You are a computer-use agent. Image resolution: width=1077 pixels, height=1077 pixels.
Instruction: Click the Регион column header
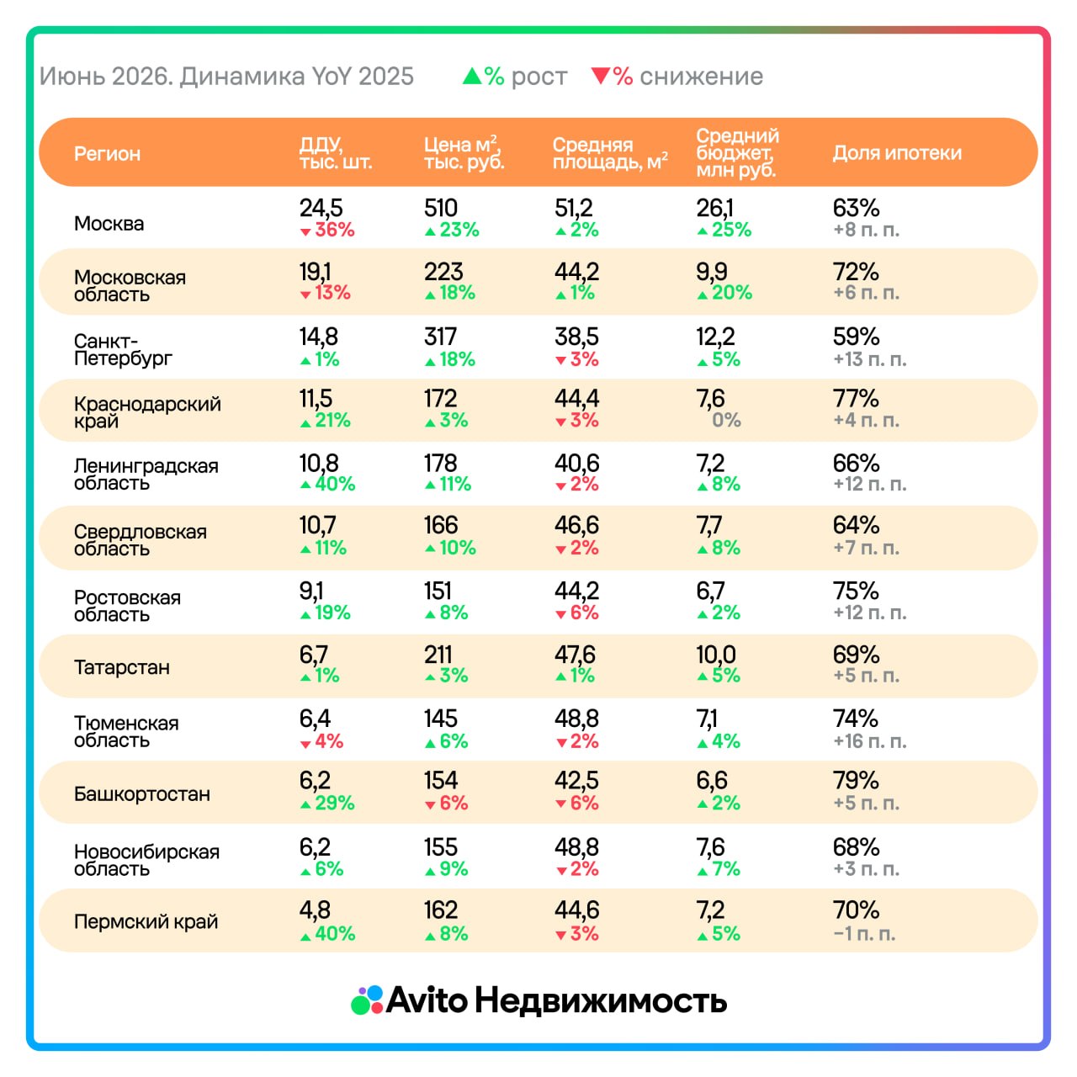(x=107, y=153)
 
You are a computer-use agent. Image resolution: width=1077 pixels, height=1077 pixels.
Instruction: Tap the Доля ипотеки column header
(x=897, y=152)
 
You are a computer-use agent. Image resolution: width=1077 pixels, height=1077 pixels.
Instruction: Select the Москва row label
(x=109, y=224)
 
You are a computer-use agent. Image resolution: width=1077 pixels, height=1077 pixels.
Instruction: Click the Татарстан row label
(x=122, y=666)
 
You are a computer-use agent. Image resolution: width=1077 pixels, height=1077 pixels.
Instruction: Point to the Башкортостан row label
(x=142, y=793)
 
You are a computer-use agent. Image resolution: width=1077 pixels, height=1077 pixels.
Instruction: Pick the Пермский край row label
(x=146, y=921)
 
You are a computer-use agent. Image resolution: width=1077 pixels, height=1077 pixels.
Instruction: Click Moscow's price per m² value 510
(x=440, y=208)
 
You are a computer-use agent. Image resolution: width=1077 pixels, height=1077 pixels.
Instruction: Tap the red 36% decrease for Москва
(x=327, y=230)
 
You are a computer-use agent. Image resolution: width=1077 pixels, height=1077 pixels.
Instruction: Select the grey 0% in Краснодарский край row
(x=726, y=420)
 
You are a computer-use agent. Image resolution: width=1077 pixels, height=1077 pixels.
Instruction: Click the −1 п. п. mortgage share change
(x=864, y=934)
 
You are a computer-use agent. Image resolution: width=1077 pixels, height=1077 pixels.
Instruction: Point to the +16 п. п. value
(x=870, y=741)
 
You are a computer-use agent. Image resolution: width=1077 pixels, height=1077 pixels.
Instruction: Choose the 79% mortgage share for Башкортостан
(x=856, y=780)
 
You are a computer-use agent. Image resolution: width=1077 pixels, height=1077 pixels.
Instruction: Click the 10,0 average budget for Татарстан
(x=716, y=655)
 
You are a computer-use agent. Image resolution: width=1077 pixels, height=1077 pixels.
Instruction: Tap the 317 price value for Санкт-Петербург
(x=440, y=337)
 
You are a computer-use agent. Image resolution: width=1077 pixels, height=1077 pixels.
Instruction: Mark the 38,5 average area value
(x=576, y=337)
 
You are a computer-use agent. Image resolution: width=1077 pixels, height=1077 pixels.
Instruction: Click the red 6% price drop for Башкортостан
(x=447, y=804)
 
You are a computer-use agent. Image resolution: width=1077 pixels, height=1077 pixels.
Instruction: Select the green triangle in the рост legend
(x=472, y=76)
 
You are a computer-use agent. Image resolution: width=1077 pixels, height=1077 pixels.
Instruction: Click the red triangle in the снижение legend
(x=601, y=76)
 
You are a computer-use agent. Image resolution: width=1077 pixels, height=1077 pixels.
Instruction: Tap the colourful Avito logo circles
(x=367, y=1000)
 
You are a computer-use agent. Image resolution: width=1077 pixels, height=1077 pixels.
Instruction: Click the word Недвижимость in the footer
(x=601, y=1000)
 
